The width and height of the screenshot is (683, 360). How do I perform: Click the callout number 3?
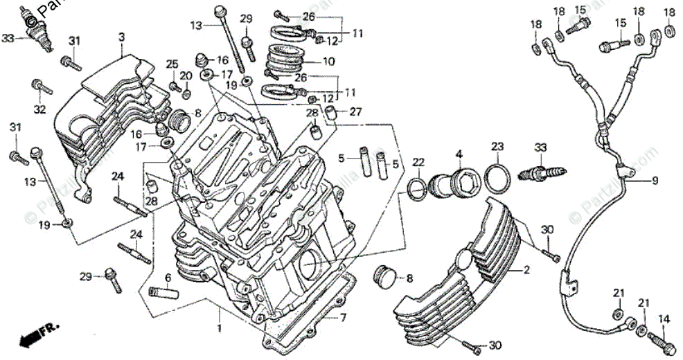coord(121,37)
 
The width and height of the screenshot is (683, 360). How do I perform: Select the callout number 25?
coord(172,64)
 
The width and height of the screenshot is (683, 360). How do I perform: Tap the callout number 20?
coord(186,75)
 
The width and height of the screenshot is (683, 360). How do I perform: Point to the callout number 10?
coord(328,62)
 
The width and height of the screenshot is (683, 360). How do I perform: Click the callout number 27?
coord(355,111)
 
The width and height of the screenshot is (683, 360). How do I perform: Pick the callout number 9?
coord(655,181)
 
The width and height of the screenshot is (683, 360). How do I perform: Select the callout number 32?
coord(39,109)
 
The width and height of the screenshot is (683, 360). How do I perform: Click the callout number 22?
coord(418,162)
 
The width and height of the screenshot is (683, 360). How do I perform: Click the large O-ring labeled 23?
coord(497,179)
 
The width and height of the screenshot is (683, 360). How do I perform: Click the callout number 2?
coord(526,269)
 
